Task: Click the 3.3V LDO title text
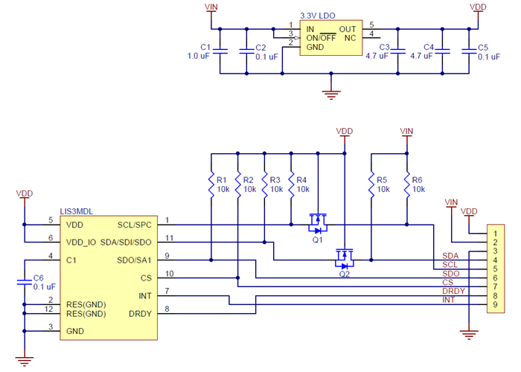point(318,15)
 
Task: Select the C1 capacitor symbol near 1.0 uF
point(220,51)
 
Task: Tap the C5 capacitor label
point(482,47)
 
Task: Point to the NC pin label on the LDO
point(350,37)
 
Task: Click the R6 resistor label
point(418,179)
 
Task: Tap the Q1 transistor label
point(318,240)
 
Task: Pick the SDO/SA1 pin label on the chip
point(135,260)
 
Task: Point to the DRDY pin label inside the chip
point(139,313)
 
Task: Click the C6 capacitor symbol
point(25,278)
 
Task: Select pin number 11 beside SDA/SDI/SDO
point(170,238)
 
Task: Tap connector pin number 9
point(494,305)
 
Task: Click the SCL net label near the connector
point(450,264)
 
